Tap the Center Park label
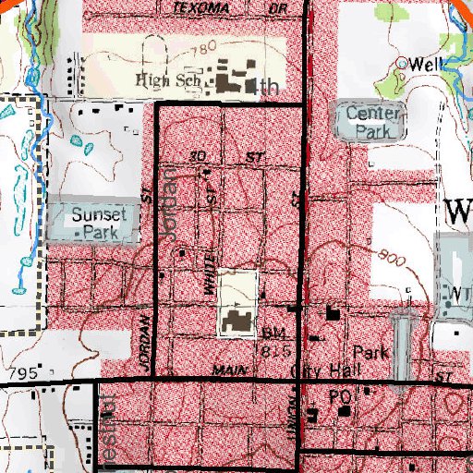374,122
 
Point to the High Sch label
167,79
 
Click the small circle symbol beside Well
402,63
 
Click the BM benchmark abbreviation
270,332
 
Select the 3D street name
195,157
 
